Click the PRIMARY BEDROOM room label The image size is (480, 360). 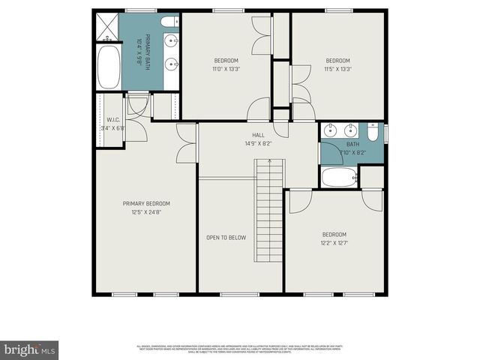[x=147, y=203]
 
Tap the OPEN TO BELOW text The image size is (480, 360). [x=226, y=238]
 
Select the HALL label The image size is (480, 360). [x=258, y=135]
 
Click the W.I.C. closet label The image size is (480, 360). [x=114, y=119]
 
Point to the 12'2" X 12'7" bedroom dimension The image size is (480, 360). [x=334, y=242]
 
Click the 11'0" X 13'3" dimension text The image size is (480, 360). [x=226, y=69]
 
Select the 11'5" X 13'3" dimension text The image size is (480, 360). [x=337, y=69]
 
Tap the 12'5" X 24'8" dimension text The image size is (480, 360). [x=147, y=212]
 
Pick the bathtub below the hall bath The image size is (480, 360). [x=338, y=177]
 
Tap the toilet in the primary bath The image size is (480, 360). [x=169, y=20]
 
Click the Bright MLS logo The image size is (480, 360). [x=30, y=349]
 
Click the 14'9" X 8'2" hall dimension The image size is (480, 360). [x=258, y=143]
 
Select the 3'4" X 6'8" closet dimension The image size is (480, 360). [x=114, y=127]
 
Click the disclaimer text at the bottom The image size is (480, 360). [x=240, y=349]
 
